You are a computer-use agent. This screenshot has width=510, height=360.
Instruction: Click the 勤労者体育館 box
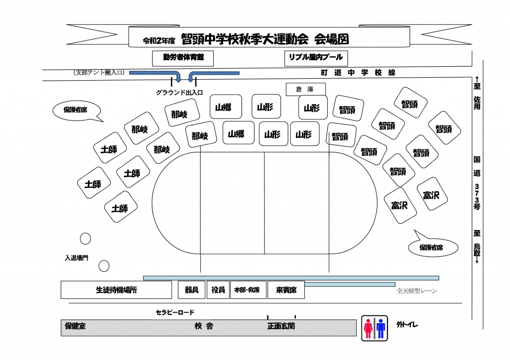pyautogui.click(x=183, y=58)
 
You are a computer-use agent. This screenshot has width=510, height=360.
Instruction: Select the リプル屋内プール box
pyautogui.click(x=316, y=58)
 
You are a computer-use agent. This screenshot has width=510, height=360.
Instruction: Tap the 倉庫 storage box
pyautogui.click(x=306, y=89)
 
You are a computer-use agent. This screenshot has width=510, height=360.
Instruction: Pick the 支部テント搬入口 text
pyautogui.click(x=99, y=73)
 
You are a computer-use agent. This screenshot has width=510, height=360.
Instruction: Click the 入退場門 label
pyautogui.click(x=77, y=258)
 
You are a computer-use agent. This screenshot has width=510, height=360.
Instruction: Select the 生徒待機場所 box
pyautogui.click(x=116, y=290)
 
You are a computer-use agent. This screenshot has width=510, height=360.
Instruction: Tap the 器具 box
pyautogui.click(x=192, y=290)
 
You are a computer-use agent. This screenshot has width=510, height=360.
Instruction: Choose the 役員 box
pyautogui.click(x=218, y=290)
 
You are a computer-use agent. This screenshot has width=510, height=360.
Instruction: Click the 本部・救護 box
pyautogui.click(x=247, y=290)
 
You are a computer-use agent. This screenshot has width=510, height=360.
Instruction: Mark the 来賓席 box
pyautogui.click(x=286, y=290)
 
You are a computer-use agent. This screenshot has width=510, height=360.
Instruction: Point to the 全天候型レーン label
pyautogui.click(x=417, y=291)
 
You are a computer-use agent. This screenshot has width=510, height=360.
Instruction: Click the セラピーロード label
pyautogui.click(x=175, y=312)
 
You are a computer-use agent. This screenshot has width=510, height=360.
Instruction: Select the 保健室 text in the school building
pyautogui.click(x=75, y=327)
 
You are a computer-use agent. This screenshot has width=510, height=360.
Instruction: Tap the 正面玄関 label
pyautogui.click(x=281, y=327)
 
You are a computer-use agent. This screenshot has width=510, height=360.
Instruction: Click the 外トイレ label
pyautogui.click(x=407, y=325)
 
